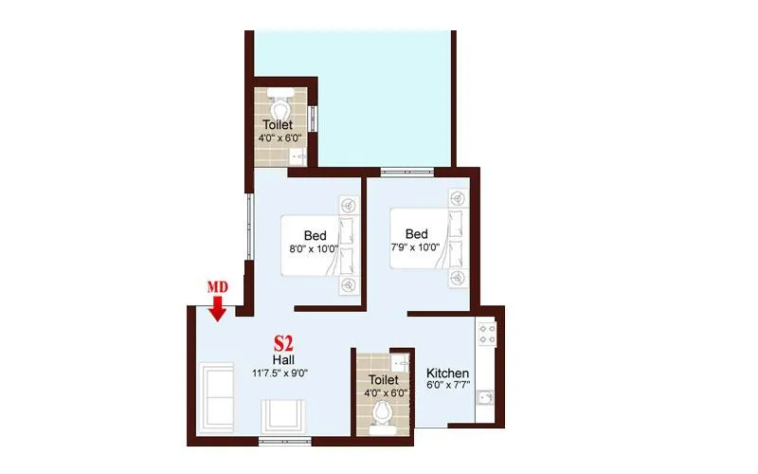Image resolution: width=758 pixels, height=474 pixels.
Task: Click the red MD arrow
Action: click(217, 309)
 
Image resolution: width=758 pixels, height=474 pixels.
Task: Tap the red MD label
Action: click(217, 287)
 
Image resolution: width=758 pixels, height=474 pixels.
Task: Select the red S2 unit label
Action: click(282, 342)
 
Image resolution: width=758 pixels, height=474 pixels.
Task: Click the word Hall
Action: click(282, 360)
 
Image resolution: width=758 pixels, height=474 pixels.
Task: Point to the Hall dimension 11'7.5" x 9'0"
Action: click(280, 373)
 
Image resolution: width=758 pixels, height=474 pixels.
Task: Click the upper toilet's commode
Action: click(279, 98)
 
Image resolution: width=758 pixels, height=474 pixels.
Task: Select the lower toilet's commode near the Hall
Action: click(383, 414)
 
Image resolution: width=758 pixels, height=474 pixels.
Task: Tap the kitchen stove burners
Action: click(487, 334)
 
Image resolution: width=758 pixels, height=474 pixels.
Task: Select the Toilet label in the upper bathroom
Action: click(278, 124)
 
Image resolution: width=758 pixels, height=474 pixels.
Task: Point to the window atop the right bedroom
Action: click(407, 171)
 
